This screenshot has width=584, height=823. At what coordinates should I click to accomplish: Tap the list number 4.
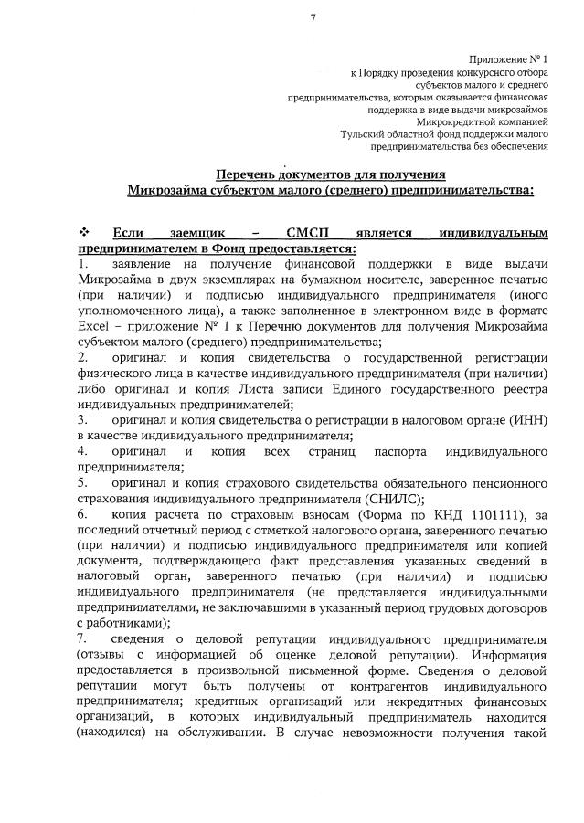click(81, 451)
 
